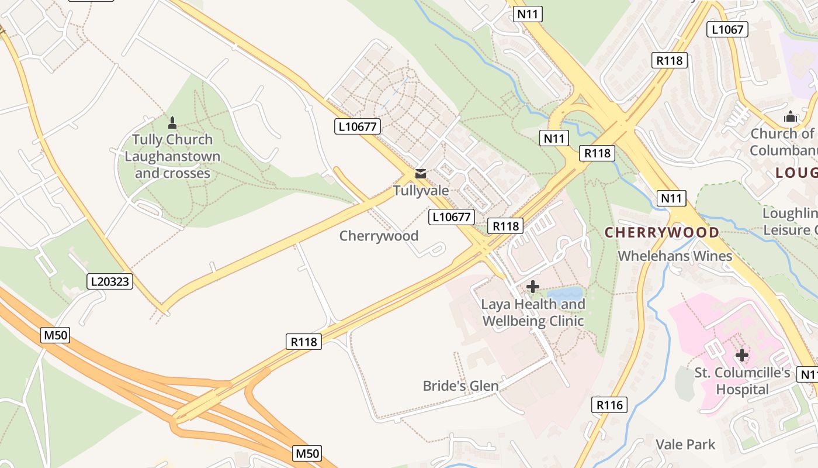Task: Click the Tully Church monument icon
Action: [172, 123]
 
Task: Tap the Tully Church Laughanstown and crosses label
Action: [172, 156]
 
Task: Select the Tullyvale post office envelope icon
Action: [420, 174]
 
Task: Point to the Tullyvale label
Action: [421, 191]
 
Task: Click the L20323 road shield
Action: [110, 281]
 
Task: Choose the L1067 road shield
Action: [727, 29]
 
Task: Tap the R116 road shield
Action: [609, 404]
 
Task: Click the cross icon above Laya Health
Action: [532, 287]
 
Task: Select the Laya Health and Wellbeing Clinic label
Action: [532, 312]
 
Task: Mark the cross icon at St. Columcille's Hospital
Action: [741, 355]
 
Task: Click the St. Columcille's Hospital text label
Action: [742, 381]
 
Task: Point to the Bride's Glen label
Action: [460, 386]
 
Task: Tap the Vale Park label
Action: [685, 445]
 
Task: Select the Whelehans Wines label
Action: [674, 256]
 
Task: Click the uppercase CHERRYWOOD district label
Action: [661, 232]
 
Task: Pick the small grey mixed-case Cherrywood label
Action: [379, 236]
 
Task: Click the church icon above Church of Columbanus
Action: [790, 117]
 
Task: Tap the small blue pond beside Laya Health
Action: [565, 293]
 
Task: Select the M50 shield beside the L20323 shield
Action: [56, 335]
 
